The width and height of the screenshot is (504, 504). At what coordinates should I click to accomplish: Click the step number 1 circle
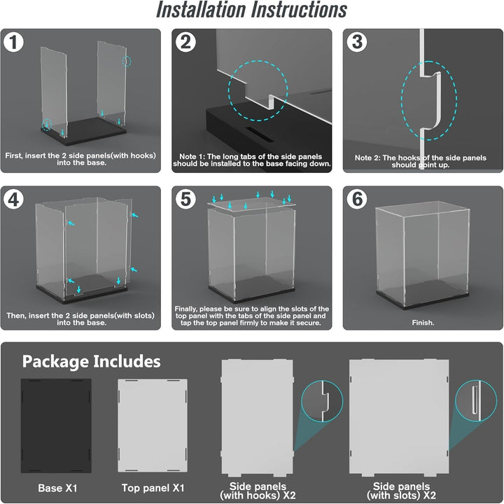pyautogui.click(x=13, y=42)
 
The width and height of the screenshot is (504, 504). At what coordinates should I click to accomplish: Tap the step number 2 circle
pyautogui.click(x=185, y=42)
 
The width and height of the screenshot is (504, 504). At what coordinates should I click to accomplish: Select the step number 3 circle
pyautogui.click(x=357, y=42)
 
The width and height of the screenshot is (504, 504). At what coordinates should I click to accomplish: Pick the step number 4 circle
pyautogui.click(x=13, y=199)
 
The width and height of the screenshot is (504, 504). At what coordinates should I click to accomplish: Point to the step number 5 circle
pyautogui.click(x=185, y=199)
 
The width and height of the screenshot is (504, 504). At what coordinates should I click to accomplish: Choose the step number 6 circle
pyautogui.click(x=357, y=199)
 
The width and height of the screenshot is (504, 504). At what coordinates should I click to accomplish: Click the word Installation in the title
pyautogui.click(x=201, y=10)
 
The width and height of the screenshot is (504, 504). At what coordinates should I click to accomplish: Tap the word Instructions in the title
pyautogui.click(x=299, y=10)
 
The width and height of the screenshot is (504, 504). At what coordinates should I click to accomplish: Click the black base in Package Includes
pyautogui.click(x=56, y=426)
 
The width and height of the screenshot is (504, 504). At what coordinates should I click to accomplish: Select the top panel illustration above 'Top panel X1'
pyautogui.click(x=153, y=426)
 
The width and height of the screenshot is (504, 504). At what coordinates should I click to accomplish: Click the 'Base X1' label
pyautogui.click(x=57, y=489)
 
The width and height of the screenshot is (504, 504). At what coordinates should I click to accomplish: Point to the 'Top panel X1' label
pyautogui.click(x=153, y=488)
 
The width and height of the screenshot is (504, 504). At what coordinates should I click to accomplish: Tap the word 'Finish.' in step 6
pyautogui.click(x=423, y=323)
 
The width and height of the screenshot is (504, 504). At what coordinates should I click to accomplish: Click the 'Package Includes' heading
pyautogui.click(x=91, y=362)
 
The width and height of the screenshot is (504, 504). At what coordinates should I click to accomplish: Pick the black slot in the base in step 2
pyautogui.click(x=260, y=134)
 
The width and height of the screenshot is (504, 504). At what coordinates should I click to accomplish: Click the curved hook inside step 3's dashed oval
pyautogui.click(x=436, y=101)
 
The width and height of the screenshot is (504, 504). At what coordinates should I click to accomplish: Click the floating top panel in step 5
pyautogui.click(x=251, y=204)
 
